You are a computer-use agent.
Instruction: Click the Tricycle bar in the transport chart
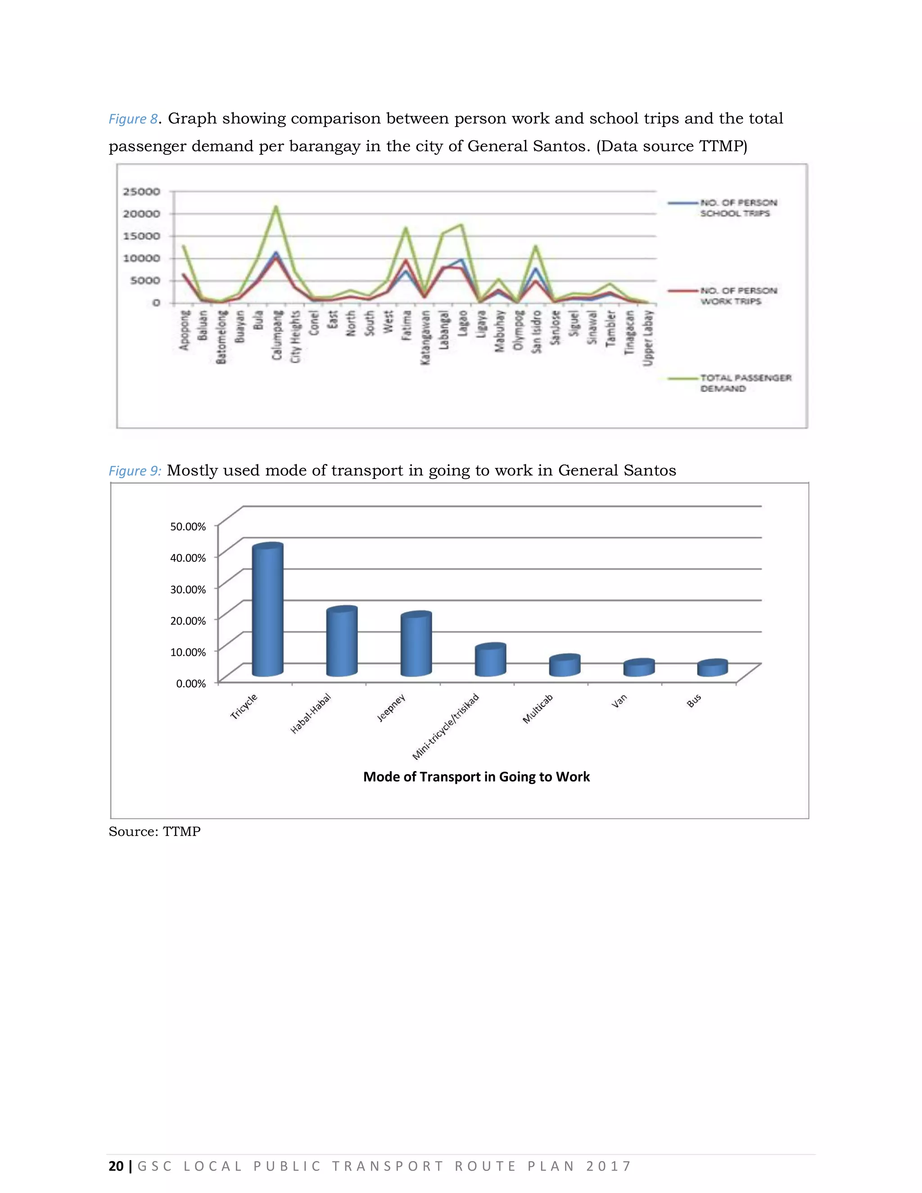[268, 611]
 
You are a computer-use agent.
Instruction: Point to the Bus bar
[712, 669]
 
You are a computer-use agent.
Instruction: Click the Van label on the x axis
[619, 701]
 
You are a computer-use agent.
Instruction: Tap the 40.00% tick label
[188, 558]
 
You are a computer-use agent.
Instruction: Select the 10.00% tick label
[188, 652]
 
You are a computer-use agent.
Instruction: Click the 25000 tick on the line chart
[141, 192]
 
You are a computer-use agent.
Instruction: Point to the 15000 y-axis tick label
[141, 236]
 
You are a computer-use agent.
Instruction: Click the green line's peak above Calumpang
[276, 207]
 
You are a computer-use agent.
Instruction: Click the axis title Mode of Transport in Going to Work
[476, 777]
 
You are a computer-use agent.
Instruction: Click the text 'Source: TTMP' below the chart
[154, 831]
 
